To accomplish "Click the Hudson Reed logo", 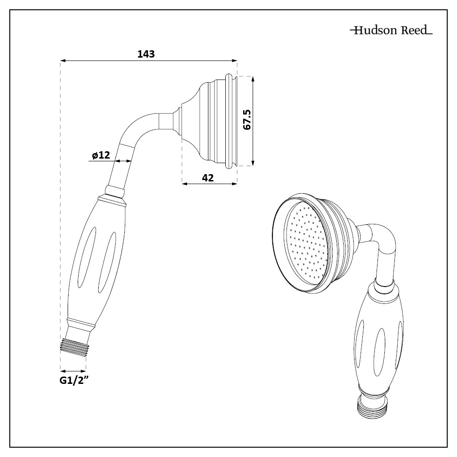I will (391, 31).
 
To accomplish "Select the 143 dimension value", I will (146, 54).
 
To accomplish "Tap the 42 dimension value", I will (208, 178).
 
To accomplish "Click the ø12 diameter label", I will (101, 155).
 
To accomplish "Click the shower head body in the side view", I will (210, 120).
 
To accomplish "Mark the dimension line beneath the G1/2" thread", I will (73, 371).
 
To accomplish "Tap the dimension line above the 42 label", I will (209, 183).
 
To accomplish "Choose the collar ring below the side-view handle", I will (81, 321).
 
